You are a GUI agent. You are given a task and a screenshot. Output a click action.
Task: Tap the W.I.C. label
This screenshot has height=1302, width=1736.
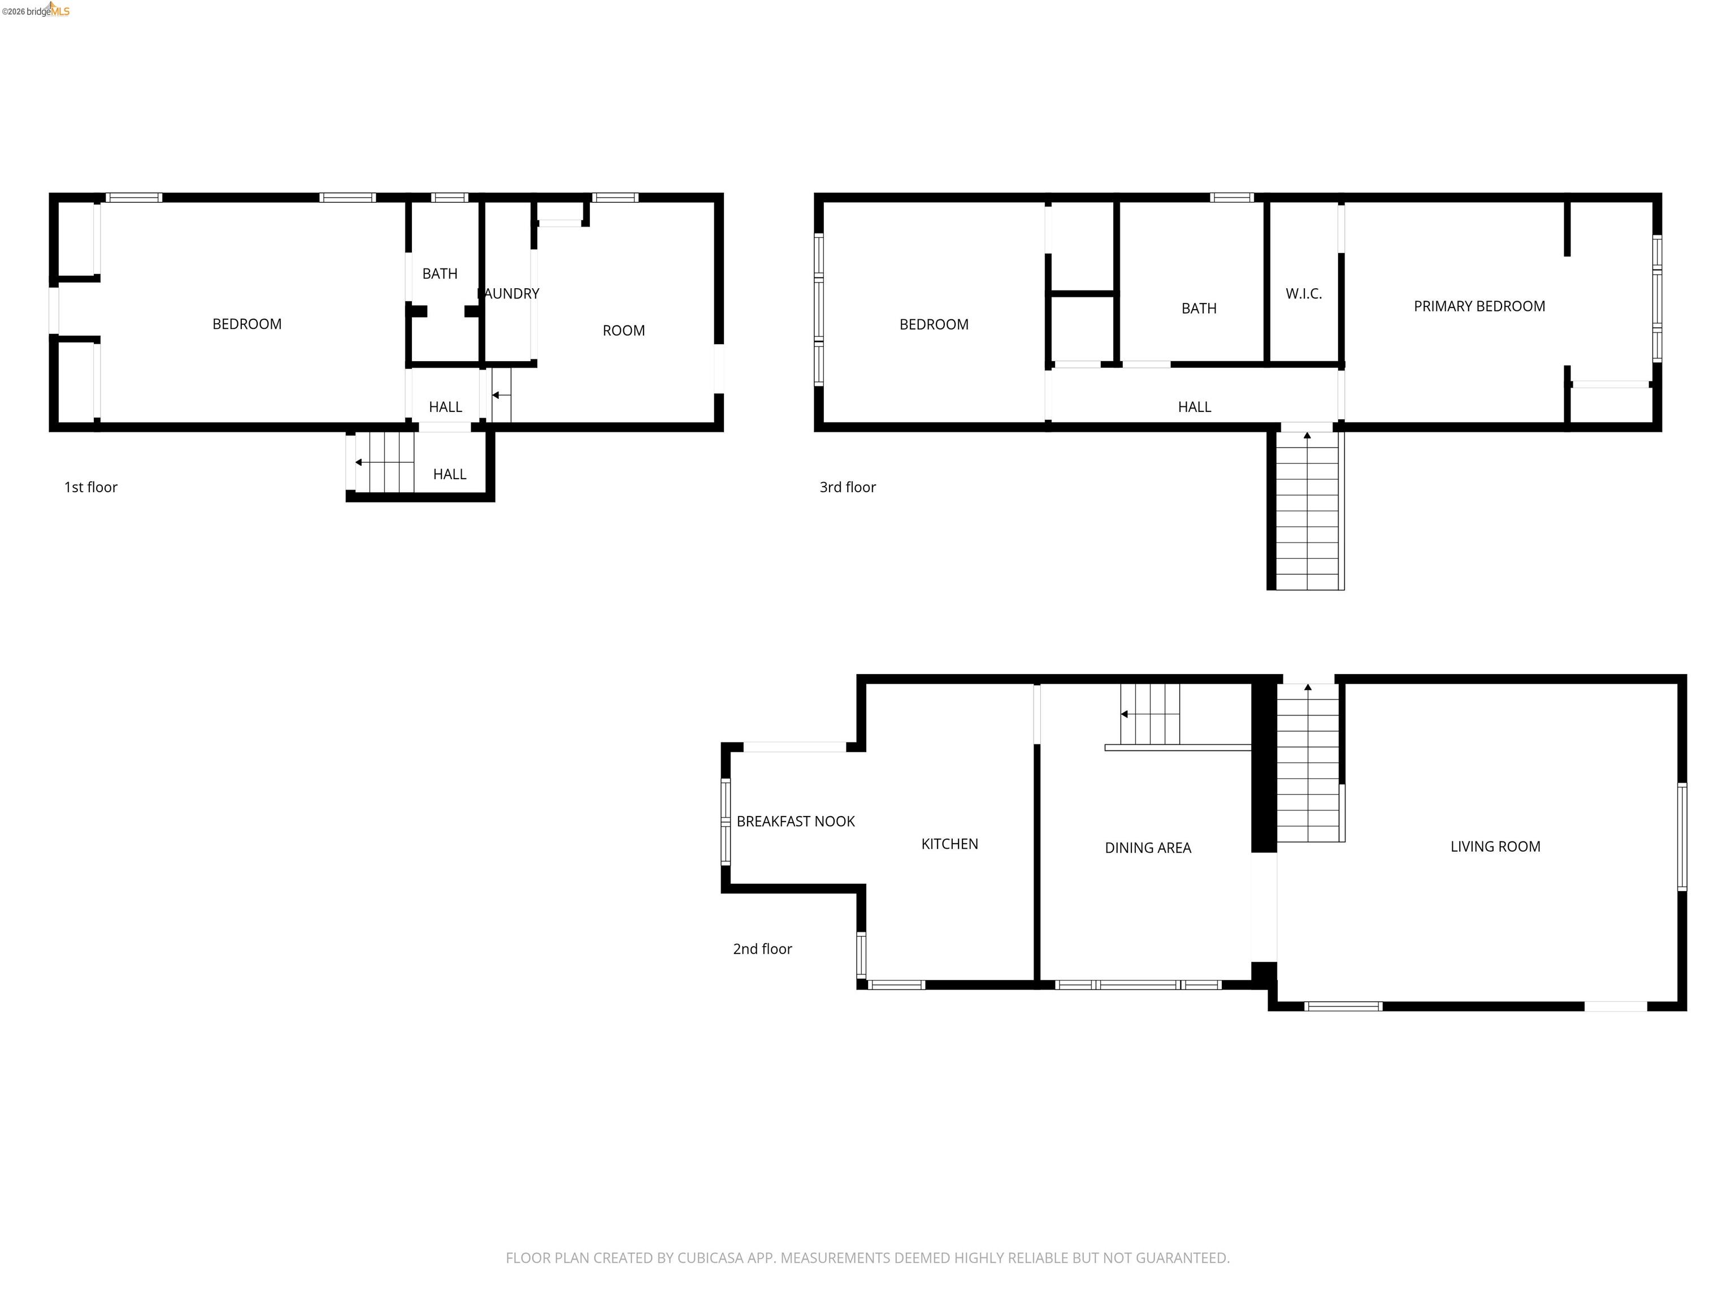pyautogui.click(x=1304, y=293)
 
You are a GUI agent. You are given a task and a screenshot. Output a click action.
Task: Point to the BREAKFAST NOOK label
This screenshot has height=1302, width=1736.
pyautogui.click(x=795, y=821)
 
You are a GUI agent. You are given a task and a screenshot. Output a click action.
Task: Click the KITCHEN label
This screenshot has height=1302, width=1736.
pyautogui.click(x=949, y=844)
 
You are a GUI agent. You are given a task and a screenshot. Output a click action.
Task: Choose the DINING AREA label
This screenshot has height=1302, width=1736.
pyautogui.click(x=1147, y=848)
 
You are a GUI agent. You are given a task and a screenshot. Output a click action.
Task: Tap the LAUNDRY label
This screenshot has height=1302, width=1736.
pyautogui.click(x=509, y=293)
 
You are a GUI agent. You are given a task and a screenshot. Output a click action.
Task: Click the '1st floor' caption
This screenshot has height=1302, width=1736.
pyautogui.click(x=90, y=487)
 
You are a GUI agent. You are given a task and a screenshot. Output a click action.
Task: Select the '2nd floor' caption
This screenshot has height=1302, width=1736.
pyautogui.click(x=762, y=949)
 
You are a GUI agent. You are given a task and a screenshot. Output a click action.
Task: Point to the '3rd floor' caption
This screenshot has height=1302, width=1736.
pyautogui.click(x=848, y=487)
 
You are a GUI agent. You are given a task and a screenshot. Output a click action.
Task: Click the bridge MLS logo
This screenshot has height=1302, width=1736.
pyautogui.click(x=36, y=10)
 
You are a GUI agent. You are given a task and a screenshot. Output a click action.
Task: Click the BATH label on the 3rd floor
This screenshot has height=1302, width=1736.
pyautogui.click(x=1199, y=309)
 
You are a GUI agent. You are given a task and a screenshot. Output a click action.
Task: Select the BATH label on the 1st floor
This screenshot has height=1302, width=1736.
pyautogui.click(x=440, y=273)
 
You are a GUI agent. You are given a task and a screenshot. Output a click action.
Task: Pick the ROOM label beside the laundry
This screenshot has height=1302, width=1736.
pyautogui.click(x=623, y=331)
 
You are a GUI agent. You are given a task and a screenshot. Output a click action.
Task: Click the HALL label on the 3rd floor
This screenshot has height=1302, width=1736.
pyautogui.click(x=1193, y=406)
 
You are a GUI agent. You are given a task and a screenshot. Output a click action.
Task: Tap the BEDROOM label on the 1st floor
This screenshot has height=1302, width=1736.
pyautogui.click(x=246, y=324)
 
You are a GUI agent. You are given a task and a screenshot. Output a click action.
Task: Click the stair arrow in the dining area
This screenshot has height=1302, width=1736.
pyautogui.click(x=1125, y=714)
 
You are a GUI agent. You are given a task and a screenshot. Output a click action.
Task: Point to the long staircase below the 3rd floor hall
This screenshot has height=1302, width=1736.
pyautogui.click(x=1307, y=510)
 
